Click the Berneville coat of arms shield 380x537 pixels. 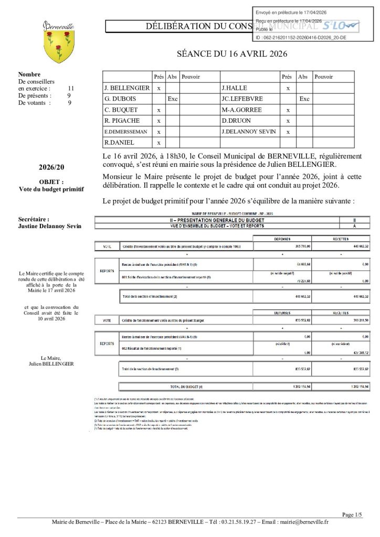click(58, 45)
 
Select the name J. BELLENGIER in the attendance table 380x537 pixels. click(126, 88)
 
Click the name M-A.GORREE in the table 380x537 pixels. click(241, 110)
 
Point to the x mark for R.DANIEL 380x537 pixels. click(159, 143)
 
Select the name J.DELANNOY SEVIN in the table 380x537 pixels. click(249, 132)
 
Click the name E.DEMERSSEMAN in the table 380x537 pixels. click(125, 132)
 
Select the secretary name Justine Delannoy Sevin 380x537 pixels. click(50, 226)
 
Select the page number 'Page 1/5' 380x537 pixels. click(352, 514)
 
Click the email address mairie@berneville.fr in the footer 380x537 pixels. click(304, 522)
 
